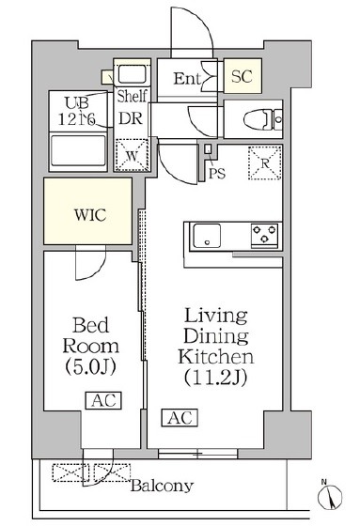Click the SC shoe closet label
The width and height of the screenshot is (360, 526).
(x=242, y=76)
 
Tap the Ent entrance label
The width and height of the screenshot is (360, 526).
(x=187, y=79)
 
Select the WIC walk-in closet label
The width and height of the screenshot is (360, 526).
(x=90, y=215)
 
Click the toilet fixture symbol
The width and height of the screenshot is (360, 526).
(x=262, y=119)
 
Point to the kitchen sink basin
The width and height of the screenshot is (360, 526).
(x=207, y=236)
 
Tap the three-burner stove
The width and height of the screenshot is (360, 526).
(x=265, y=236)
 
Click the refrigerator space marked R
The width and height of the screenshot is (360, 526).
(x=265, y=163)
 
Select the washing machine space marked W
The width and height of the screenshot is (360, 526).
(x=132, y=155)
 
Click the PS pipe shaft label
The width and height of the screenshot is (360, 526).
(x=217, y=174)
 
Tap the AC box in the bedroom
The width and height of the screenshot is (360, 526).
(x=103, y=400)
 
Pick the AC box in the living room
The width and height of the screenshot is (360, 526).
(x=180, y=418)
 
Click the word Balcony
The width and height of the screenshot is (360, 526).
(x=163, y=486)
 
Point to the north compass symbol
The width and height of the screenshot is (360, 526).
(x=330, y=496)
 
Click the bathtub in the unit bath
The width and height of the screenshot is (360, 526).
(x=78, y=151)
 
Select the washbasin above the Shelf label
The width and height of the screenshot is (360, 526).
(x=132, y=74)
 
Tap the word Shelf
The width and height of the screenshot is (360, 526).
(x=132, y=96)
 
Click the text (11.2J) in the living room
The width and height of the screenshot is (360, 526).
(x=215, y=378)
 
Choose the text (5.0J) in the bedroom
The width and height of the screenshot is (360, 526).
(x=90, y=366)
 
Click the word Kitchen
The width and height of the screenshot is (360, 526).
(x=215, y=357)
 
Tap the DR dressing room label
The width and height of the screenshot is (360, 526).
(x=131, y=118)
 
